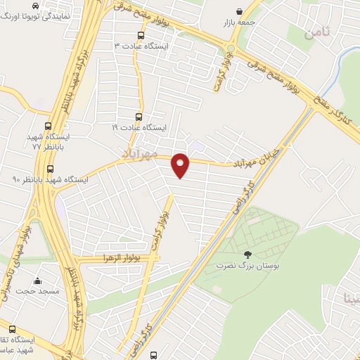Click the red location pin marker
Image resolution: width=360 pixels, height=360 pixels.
click(x=181, y=165)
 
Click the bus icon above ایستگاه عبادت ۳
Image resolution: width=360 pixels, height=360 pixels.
click(x=141, y=34)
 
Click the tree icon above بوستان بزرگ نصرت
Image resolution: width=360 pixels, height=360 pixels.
click(x=247, y=255)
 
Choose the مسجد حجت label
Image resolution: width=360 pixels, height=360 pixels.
click(x=35, y=290)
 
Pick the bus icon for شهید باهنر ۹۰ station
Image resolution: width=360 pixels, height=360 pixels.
click(x=50, y=169)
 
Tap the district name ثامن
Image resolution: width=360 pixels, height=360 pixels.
click(x=317, y=32)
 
